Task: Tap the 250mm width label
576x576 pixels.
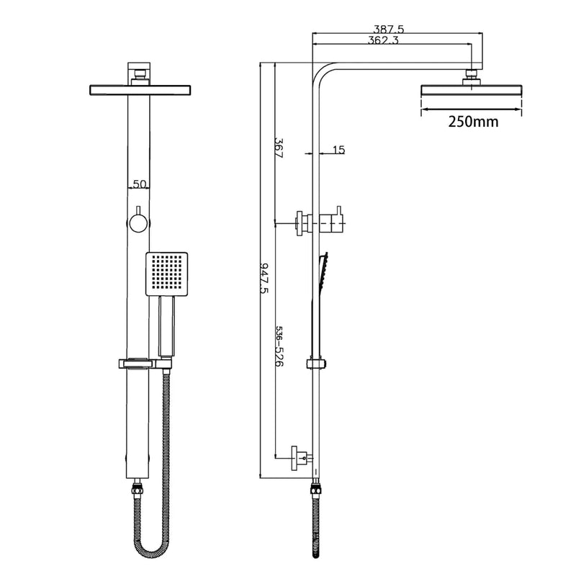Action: (472, 122)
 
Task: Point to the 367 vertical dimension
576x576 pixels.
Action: (279, 147)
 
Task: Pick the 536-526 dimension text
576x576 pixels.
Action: (279, 346)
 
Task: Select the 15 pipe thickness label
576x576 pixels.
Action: (339, 150)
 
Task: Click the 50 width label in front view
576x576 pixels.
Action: (140, 184)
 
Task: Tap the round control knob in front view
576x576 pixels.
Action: (138, 222)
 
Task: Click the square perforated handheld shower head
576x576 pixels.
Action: (167, 274)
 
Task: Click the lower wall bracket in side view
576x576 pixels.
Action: (300, 455)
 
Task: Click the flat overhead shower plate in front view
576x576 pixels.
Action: (140, 89)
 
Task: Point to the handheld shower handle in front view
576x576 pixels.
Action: (166, 328)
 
